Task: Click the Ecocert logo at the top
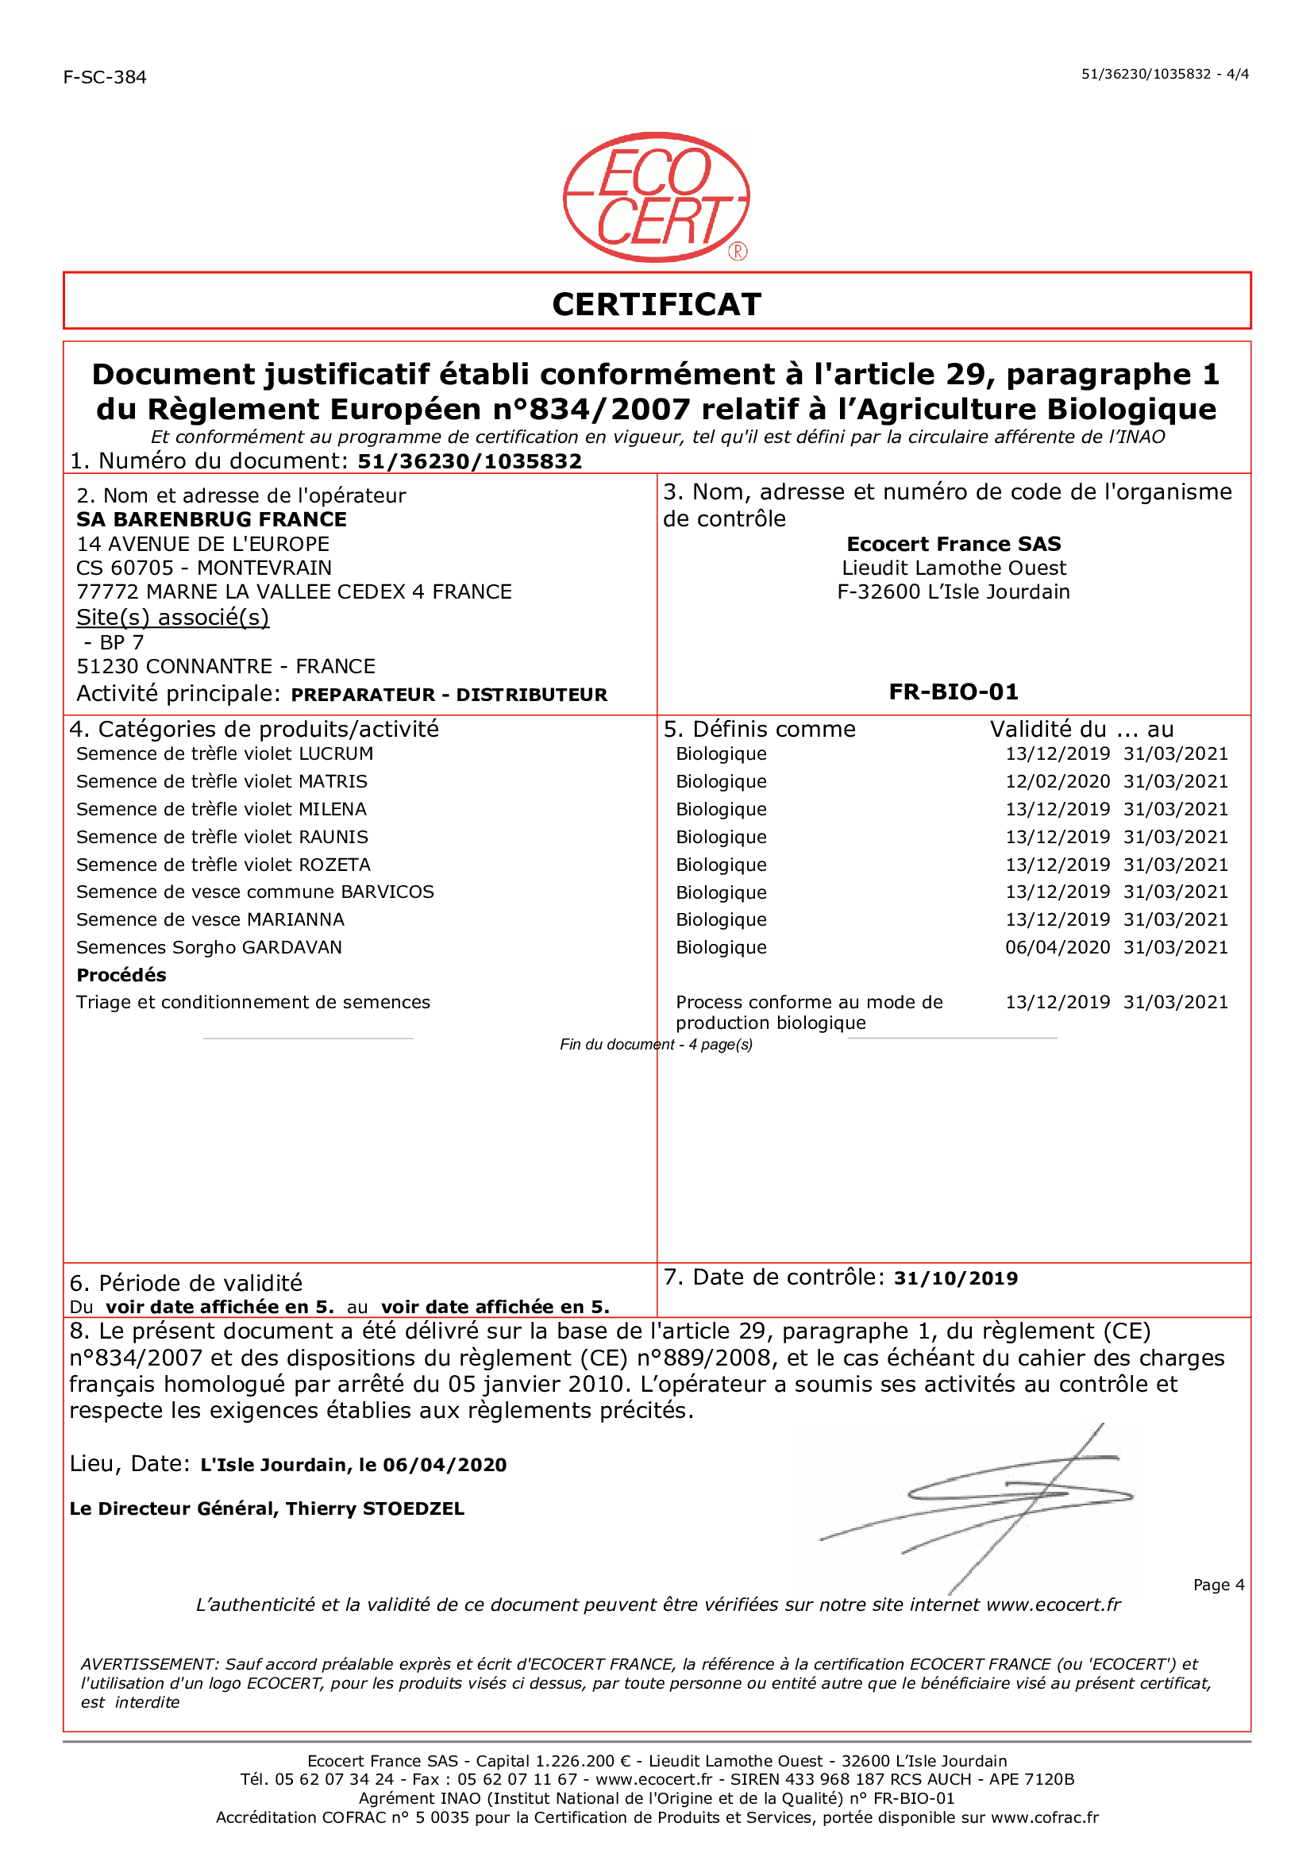pyautogui.click(x=656, y=198)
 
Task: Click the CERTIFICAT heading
pyautogui.click(x=656, y=304)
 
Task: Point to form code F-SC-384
pyautogui.click(x=105, y=78)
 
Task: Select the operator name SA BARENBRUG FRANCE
pyautogui.click(x=211, y=519)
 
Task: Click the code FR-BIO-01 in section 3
pyautogui.click(x=954, y=692)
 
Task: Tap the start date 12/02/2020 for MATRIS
pyautogui.click(x=1057, y=781)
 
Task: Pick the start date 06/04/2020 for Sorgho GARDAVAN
pyautogui.click(x=1057, y=947)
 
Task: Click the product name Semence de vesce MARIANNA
pyautogui.click(x=210, y=919)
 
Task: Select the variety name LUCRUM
pyautogui.click(x=336, y=753)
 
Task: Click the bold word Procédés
pyautogui.click(x=121, y=975)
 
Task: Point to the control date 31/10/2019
pyautogui.click(x=955, y=1278)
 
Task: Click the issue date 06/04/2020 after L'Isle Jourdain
pyautogui.click(x=445, y=1465)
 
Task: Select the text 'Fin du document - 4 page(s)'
pyautogui.click(x=656, y=1044)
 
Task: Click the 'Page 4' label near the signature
pyautogui.click(x=1218, y=1585)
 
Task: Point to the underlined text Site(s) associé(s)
pyautogui.click(x=172, y=617)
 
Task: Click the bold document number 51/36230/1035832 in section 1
pyautogui.click(x=470, y=461)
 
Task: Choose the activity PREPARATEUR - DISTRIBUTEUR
pyautogui.click(x=449, y=695)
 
